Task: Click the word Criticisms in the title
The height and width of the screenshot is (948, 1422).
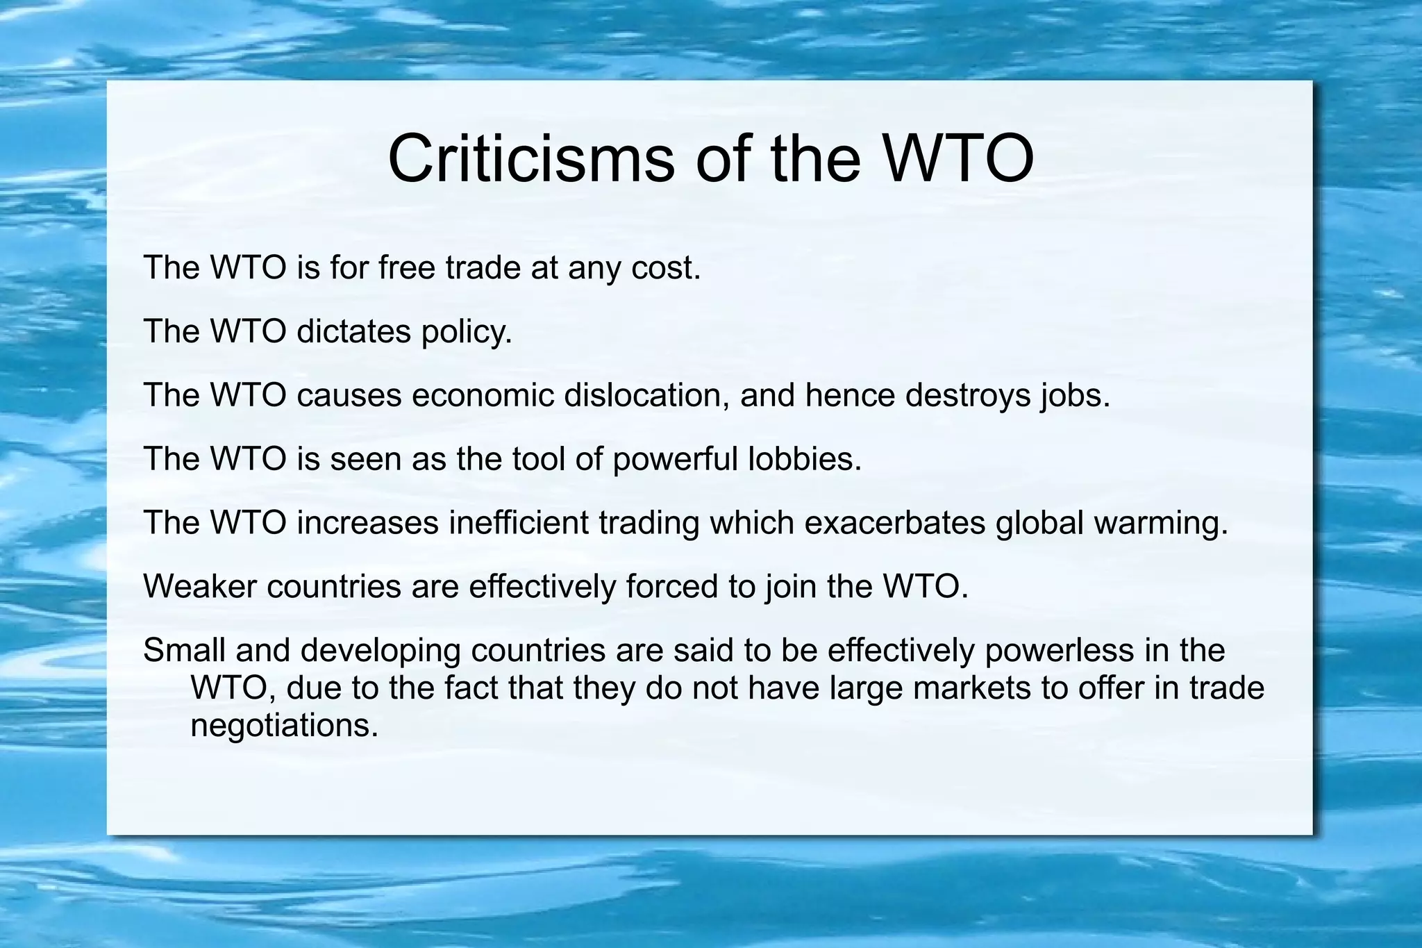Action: click(530, 158)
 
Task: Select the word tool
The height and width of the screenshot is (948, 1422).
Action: click(538, 458)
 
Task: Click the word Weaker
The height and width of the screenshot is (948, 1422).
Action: click(200, 586)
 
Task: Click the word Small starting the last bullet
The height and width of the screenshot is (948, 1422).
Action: click(184, 650)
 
